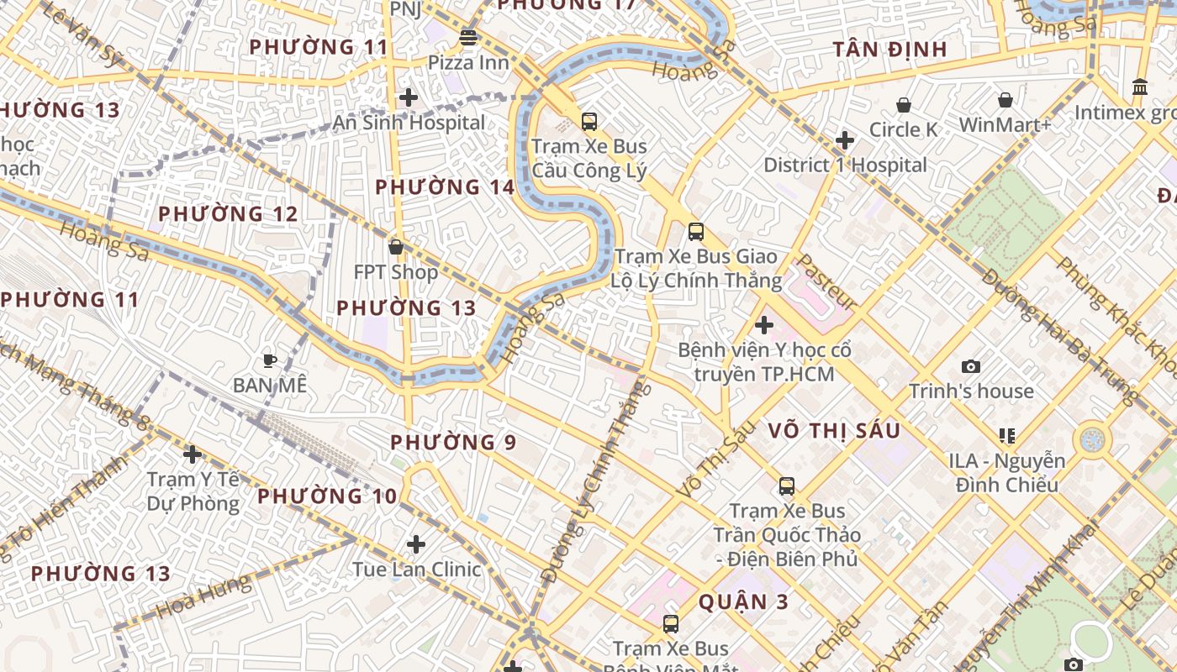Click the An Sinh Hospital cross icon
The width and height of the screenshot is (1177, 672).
(409, 97)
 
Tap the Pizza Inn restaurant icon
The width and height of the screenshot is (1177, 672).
(468, 37)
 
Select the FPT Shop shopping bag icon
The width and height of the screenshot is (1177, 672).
(396, 247)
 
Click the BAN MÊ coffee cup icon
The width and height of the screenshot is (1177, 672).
(269, 360)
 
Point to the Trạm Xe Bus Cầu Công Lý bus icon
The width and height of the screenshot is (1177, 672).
(589, 121)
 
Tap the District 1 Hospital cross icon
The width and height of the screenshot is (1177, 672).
(845, 140)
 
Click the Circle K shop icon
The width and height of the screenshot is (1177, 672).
(904, 105)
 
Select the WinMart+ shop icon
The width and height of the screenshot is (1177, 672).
(1005, 100)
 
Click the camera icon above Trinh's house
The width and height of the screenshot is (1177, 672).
(971, 366)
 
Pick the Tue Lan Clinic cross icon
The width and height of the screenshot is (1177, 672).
(416, 544)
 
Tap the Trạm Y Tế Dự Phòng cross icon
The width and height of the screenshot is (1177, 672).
(193, 454)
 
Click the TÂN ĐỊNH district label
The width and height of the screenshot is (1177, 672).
(890, 50)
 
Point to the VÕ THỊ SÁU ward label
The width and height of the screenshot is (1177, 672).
(834, 431)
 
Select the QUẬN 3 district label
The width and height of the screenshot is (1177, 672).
(733, 601)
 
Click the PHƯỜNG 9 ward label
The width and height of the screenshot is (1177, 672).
(453, 442)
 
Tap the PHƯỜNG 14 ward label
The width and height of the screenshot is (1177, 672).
(445, 187)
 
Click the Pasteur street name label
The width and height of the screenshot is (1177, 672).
(826, 282)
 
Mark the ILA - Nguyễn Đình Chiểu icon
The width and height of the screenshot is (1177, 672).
(1007, 435)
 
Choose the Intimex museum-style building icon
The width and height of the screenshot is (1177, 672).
(1140, 87)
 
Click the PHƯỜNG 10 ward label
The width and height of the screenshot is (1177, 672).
(327, 496)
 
